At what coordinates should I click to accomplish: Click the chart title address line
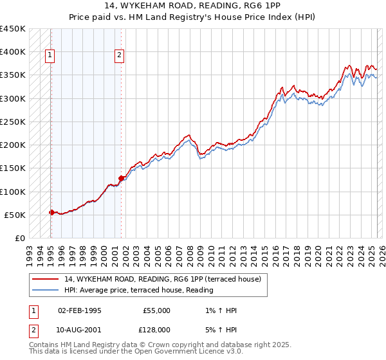[x=192, y=7]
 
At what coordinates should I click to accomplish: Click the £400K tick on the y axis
[x=14, y=52]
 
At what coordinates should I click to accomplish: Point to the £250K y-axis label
[x=14, y=122]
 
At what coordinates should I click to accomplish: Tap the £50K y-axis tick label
[x=16, y=215]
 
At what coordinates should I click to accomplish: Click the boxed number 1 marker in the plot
[x=50, y=55]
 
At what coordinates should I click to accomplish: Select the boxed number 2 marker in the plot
[x=120, y=55]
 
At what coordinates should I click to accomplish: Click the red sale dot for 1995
[x=51, y=212]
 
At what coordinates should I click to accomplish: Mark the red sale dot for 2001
[x=121, y=178]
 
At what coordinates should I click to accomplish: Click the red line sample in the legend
[x=46, y=279]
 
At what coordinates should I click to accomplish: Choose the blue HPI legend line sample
[x=46, y=289]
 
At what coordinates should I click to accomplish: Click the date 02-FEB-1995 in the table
[x=80, y=310]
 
